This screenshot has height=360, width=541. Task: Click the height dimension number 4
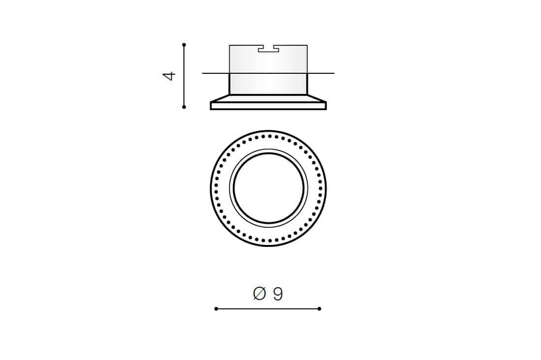coord(169,76)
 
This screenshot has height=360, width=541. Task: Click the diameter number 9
coord(278,294)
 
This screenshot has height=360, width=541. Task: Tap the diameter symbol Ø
coord(260,294)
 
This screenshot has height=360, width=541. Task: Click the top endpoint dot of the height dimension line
coord(184,45)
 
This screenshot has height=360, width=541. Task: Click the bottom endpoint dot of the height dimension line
coord(184,107)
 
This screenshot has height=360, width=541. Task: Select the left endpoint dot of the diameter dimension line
coord(216,308)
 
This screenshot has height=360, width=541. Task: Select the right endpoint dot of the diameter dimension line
coord(319,308)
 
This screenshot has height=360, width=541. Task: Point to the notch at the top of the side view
coord(269,49)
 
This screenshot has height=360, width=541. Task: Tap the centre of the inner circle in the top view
coord(269,188)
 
